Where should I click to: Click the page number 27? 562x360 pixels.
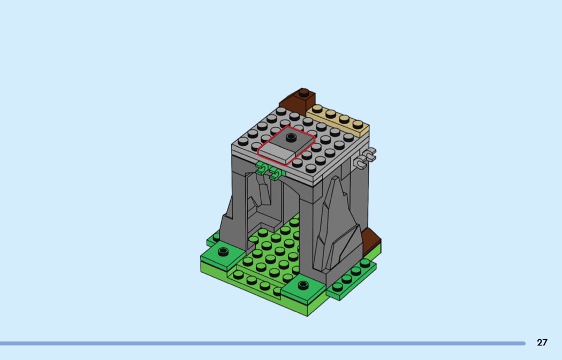(542, 342)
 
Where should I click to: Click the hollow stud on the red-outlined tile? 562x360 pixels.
(291, 137)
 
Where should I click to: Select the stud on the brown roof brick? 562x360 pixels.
(304, 93)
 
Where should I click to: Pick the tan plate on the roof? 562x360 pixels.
(338, 120)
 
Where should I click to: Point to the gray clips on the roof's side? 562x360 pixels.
(365, 158)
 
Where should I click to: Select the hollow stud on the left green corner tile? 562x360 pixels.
(223, 251)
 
